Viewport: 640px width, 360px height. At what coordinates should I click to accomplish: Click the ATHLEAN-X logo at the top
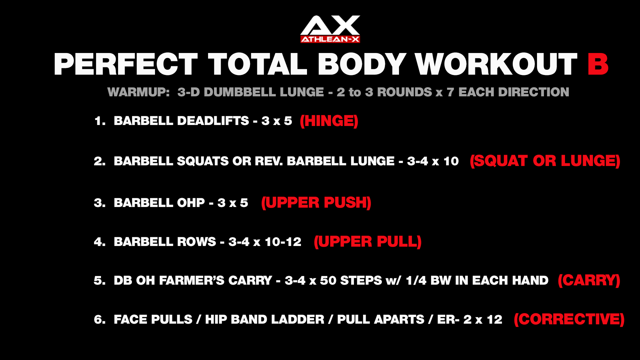[x=330, y=29]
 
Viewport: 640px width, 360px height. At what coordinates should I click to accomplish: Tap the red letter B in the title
[x=598, y=64]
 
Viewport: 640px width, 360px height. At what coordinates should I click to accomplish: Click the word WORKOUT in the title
[x=496, y=64]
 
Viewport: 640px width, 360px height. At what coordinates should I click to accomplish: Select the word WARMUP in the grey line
[x=139, y=92]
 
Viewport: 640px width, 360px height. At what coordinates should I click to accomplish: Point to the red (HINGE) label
[x=329, y=121]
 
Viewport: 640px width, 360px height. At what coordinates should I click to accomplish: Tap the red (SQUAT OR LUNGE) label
[x=545, y=161]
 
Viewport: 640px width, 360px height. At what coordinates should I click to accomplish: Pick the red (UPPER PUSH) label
[x=316, y=203]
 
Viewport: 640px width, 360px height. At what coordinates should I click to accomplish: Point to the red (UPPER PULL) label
[x=368, y=242]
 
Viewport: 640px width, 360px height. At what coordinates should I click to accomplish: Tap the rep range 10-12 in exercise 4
[x=283, y=242]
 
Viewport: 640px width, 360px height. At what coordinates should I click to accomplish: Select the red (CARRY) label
[x=589, y=280]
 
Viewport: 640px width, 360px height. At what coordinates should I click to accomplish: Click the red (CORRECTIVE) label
[x=569, y=319]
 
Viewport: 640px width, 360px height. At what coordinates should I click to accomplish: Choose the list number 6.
[x=100, y=319]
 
